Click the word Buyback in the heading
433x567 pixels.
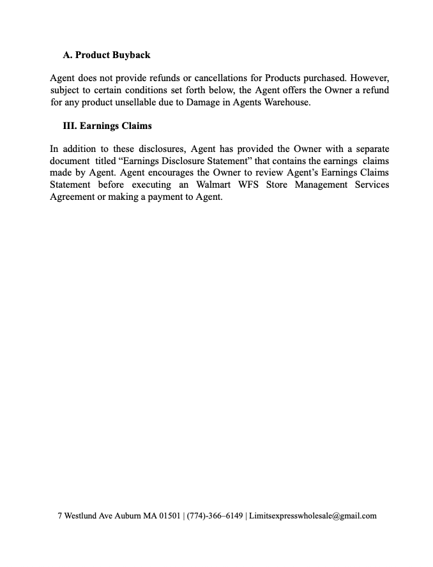132,55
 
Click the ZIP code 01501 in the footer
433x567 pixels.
169,516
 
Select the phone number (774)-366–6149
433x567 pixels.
215,516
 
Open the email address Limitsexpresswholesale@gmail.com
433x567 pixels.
312,516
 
